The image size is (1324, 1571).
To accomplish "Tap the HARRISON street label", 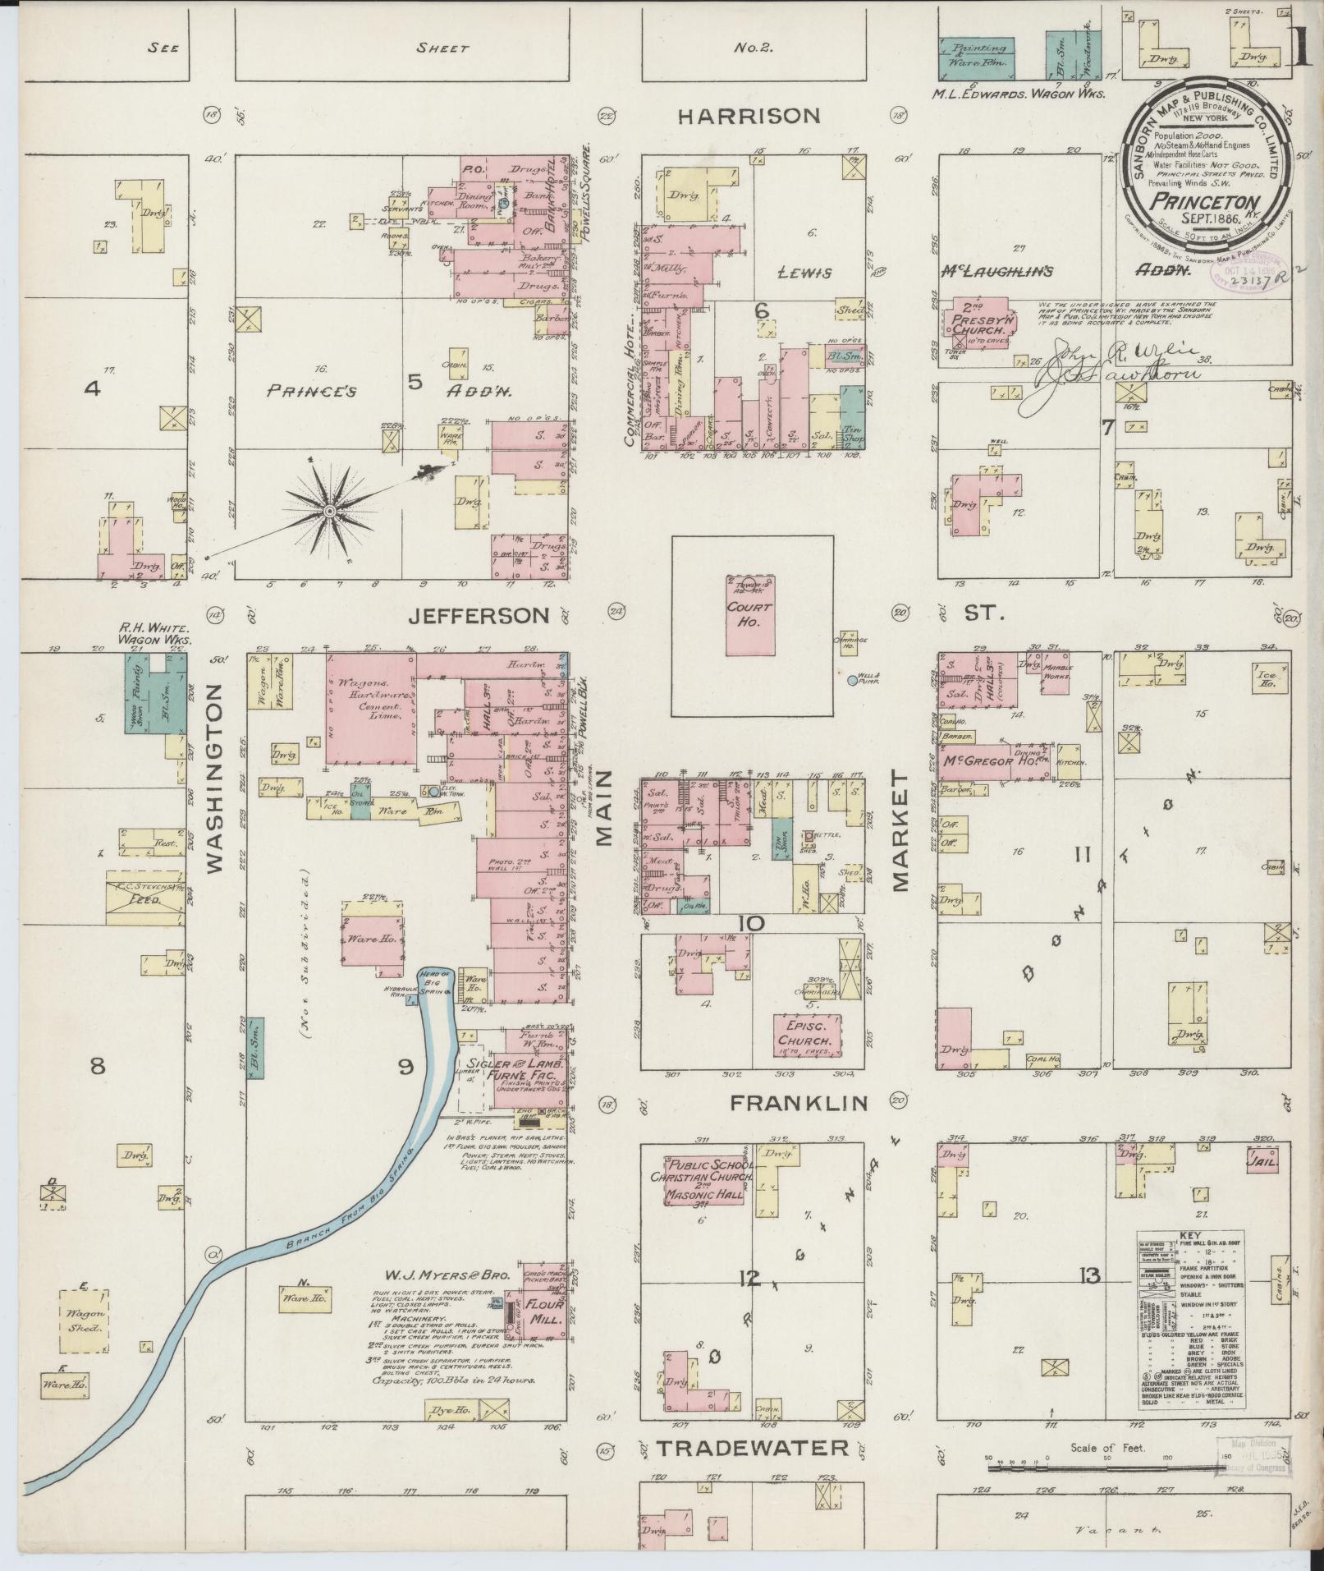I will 749,117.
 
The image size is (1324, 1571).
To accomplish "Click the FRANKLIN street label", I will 799,1103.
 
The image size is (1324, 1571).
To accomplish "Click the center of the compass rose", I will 329,511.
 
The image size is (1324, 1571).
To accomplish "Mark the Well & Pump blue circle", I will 851,680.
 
